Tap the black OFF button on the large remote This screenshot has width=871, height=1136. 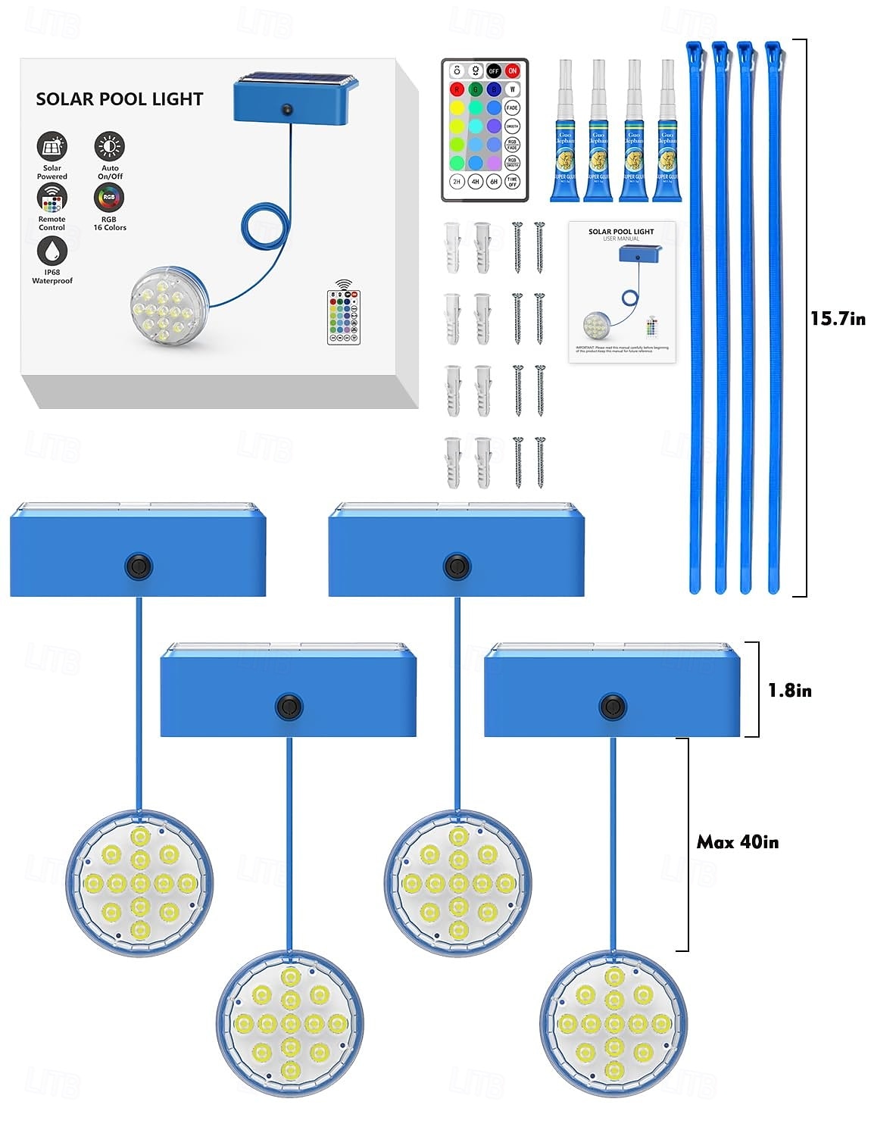pos(493,70)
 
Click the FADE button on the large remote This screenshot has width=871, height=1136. pos(513,108)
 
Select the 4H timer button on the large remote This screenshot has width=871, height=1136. pos(475,182)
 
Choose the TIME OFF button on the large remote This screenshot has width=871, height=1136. pos(513,182)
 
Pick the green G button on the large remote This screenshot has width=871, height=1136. pos(475,89)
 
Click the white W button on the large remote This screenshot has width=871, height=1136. pos(513,89)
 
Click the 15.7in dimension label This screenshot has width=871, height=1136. pos(838,318)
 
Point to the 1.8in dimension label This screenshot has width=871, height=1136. pos(789,690)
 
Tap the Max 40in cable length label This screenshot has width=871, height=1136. pos(738,842)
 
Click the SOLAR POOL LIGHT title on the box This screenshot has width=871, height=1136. pos(120,99)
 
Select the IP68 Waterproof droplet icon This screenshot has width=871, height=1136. pos(52,251)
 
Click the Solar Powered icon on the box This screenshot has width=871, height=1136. pos(52,146)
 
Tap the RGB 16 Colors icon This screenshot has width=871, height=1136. pos(109,198)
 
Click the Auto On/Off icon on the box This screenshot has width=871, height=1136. pos(109,146)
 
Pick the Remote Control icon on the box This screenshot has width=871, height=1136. pos(52,198)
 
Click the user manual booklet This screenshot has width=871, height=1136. pos(622,292)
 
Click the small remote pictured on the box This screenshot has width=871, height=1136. pos(343,316)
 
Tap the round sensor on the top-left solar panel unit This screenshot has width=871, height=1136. pos(139,566)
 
